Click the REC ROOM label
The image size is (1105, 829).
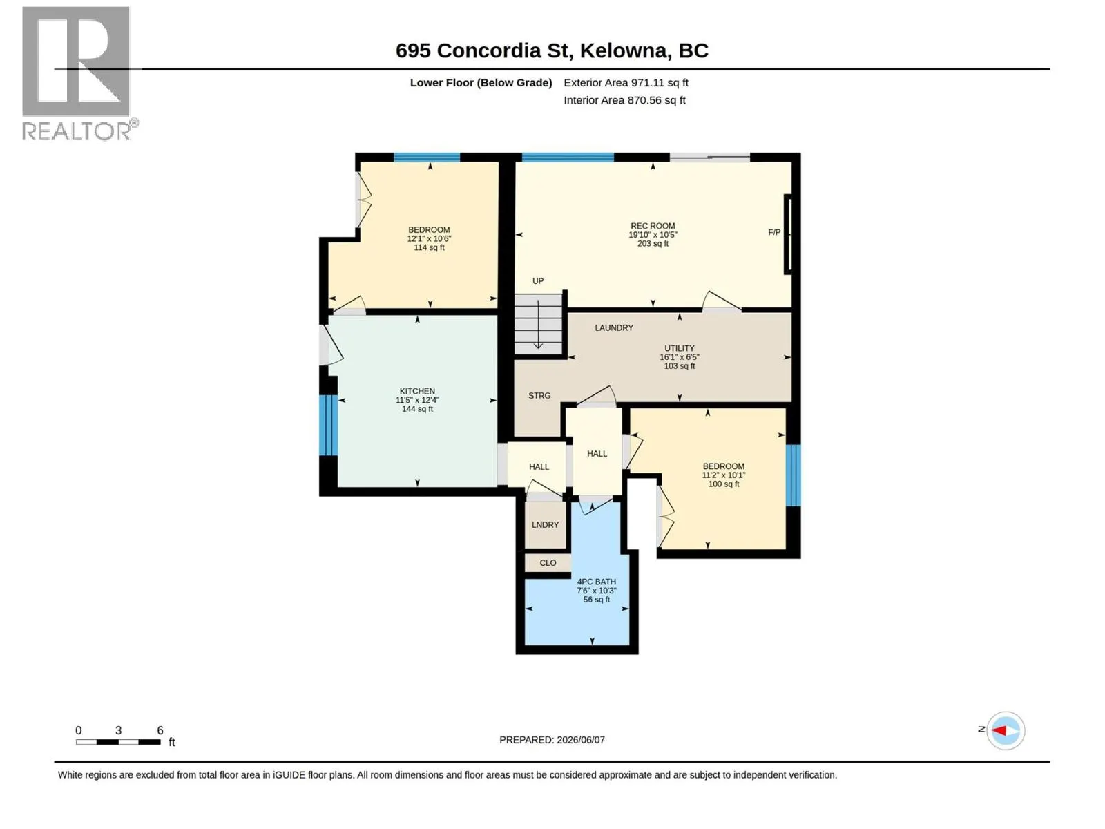point(653,226)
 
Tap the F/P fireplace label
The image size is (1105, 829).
point(773,232)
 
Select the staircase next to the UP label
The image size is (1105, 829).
point(537,324)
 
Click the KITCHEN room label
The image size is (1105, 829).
point(417,391)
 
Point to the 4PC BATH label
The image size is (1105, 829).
point(596,582)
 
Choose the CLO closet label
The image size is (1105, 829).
point(548,563)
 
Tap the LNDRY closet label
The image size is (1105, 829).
point(545,524)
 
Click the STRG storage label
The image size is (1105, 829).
point(539,396)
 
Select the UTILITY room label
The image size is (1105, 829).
point(679,348)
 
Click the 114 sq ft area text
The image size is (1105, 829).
point(429,247)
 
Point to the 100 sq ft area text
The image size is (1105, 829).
point(723,484)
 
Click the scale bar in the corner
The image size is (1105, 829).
point(118,741)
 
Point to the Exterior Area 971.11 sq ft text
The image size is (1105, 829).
point(626,82)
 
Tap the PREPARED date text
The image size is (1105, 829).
point(552,740)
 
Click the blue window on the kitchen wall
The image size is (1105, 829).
point(328,426)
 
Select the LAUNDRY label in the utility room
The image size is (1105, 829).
point(614,327)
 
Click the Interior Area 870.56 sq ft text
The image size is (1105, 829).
point(624,100)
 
